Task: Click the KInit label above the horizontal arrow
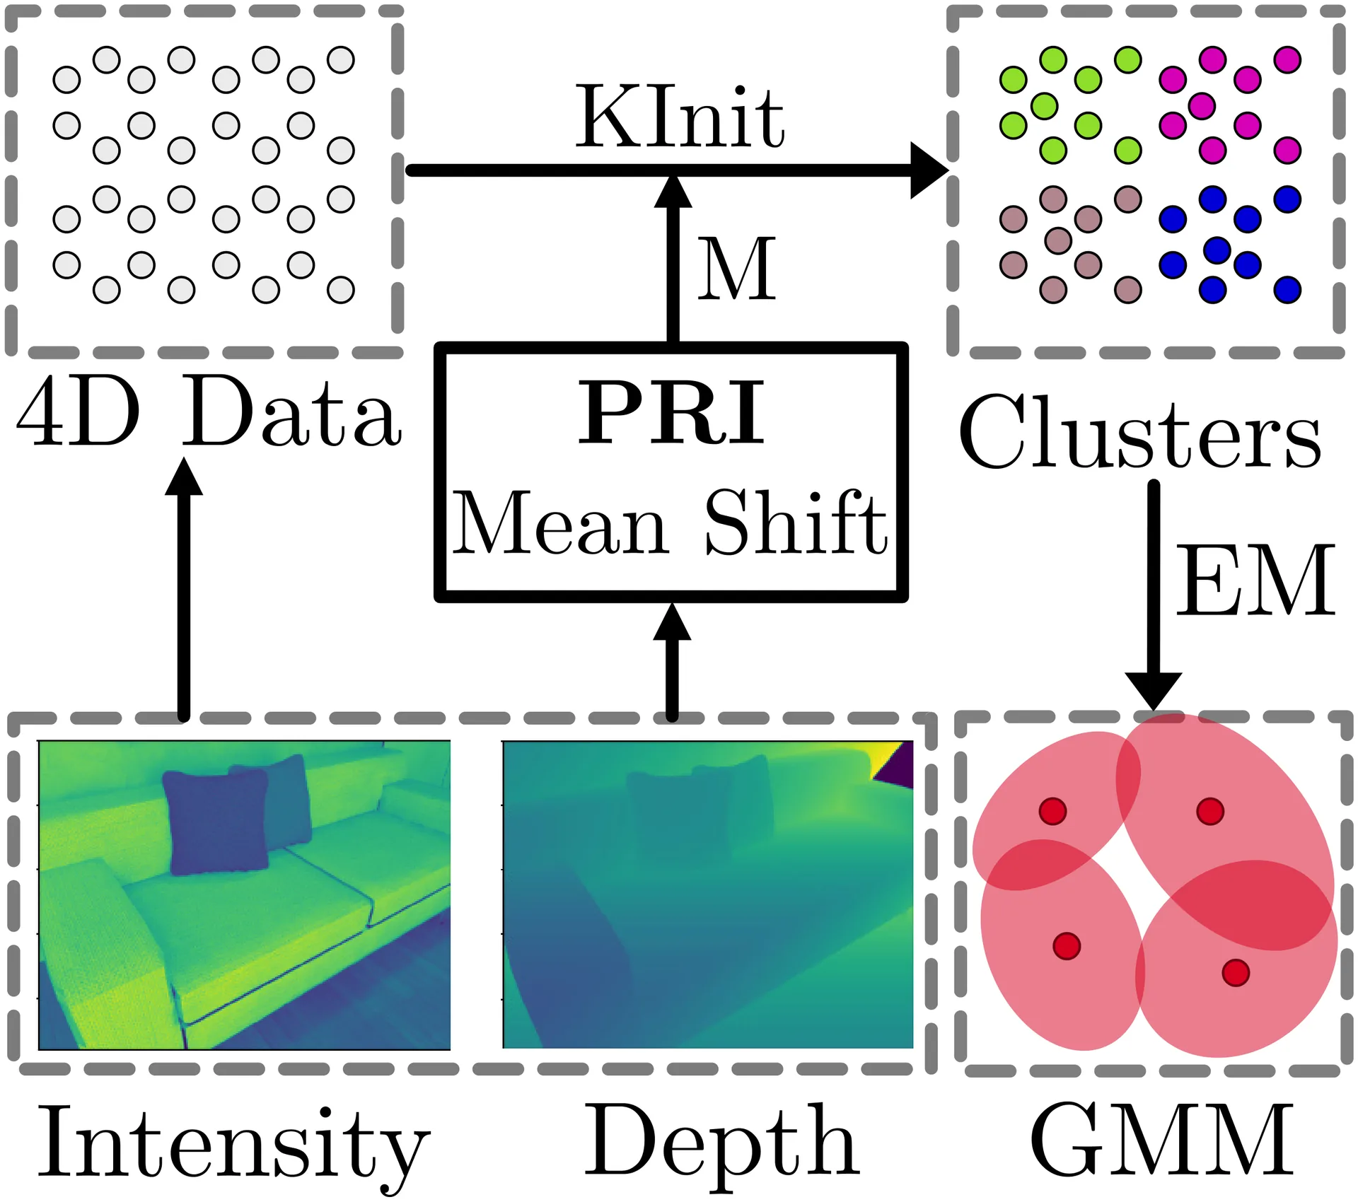pos(680,117)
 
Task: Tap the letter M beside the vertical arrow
pos(736,269)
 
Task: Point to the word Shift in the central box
pos(796,521)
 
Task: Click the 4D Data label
pos(209,412)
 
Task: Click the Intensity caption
pos(233,1147)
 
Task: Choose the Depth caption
pos(721,1147)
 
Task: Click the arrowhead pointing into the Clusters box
pos(929,170)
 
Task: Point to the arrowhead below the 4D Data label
pos(184,477)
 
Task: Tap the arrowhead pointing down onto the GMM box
pos(1154,691)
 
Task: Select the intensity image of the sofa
pos(244,895)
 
